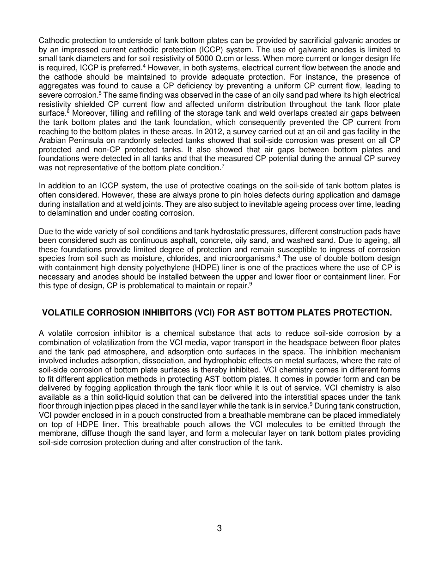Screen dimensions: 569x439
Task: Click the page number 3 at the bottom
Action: coord(219,528)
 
